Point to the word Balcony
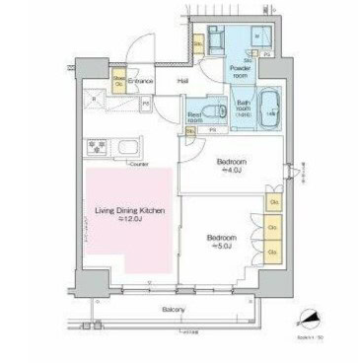(x=175, y=309)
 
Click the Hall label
(x=182, y=81)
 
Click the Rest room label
(x=196, y=115)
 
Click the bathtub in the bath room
(x=271, y=111)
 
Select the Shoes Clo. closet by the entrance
(x=117, y=81)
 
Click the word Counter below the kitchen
(x=137, y=165)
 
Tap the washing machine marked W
(x=257, y=35)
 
